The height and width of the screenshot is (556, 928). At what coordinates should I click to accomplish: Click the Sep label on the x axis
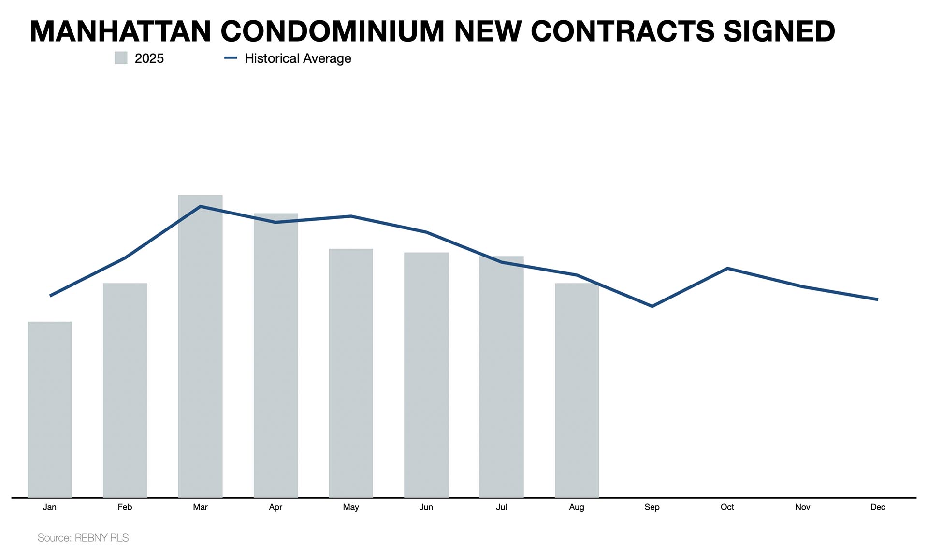pyautogui.click(x=652, y=507)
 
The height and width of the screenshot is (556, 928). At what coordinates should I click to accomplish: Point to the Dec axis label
pyautogui.click(x=878, y=507)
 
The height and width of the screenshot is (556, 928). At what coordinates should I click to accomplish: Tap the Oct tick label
pyautogui.click(x=727, y=507)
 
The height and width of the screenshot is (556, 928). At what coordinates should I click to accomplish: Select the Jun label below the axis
pyautogui.click(x=426, y=507)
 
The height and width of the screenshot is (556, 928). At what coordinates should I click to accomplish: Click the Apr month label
pyautogui.click(x=275, y=507)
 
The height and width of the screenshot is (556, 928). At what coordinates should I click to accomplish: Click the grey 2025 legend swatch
pyautogui.click(x=121, y=58)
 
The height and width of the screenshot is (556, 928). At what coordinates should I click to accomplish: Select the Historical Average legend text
pyautogui.click(x=298, y=58)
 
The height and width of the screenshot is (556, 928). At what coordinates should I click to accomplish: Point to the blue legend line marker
pyautogui.click(x=231, y=58)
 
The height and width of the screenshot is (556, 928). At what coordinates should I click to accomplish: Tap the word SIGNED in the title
pyautogui.click(x=779, y=31)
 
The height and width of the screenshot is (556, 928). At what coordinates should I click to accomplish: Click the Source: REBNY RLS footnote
pyautogui.click(x=83, y=538)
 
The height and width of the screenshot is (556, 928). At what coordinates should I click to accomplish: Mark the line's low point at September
pyautogui.click(x=652, y=306)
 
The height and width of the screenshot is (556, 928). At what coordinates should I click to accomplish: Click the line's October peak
pyautogui.click(x=727, y=268)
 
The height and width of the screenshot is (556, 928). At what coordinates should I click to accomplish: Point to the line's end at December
pyautogui.click(x=877, y=299)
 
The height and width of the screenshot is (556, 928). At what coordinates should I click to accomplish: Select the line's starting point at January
pyautogui.click(x=50, y=296)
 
